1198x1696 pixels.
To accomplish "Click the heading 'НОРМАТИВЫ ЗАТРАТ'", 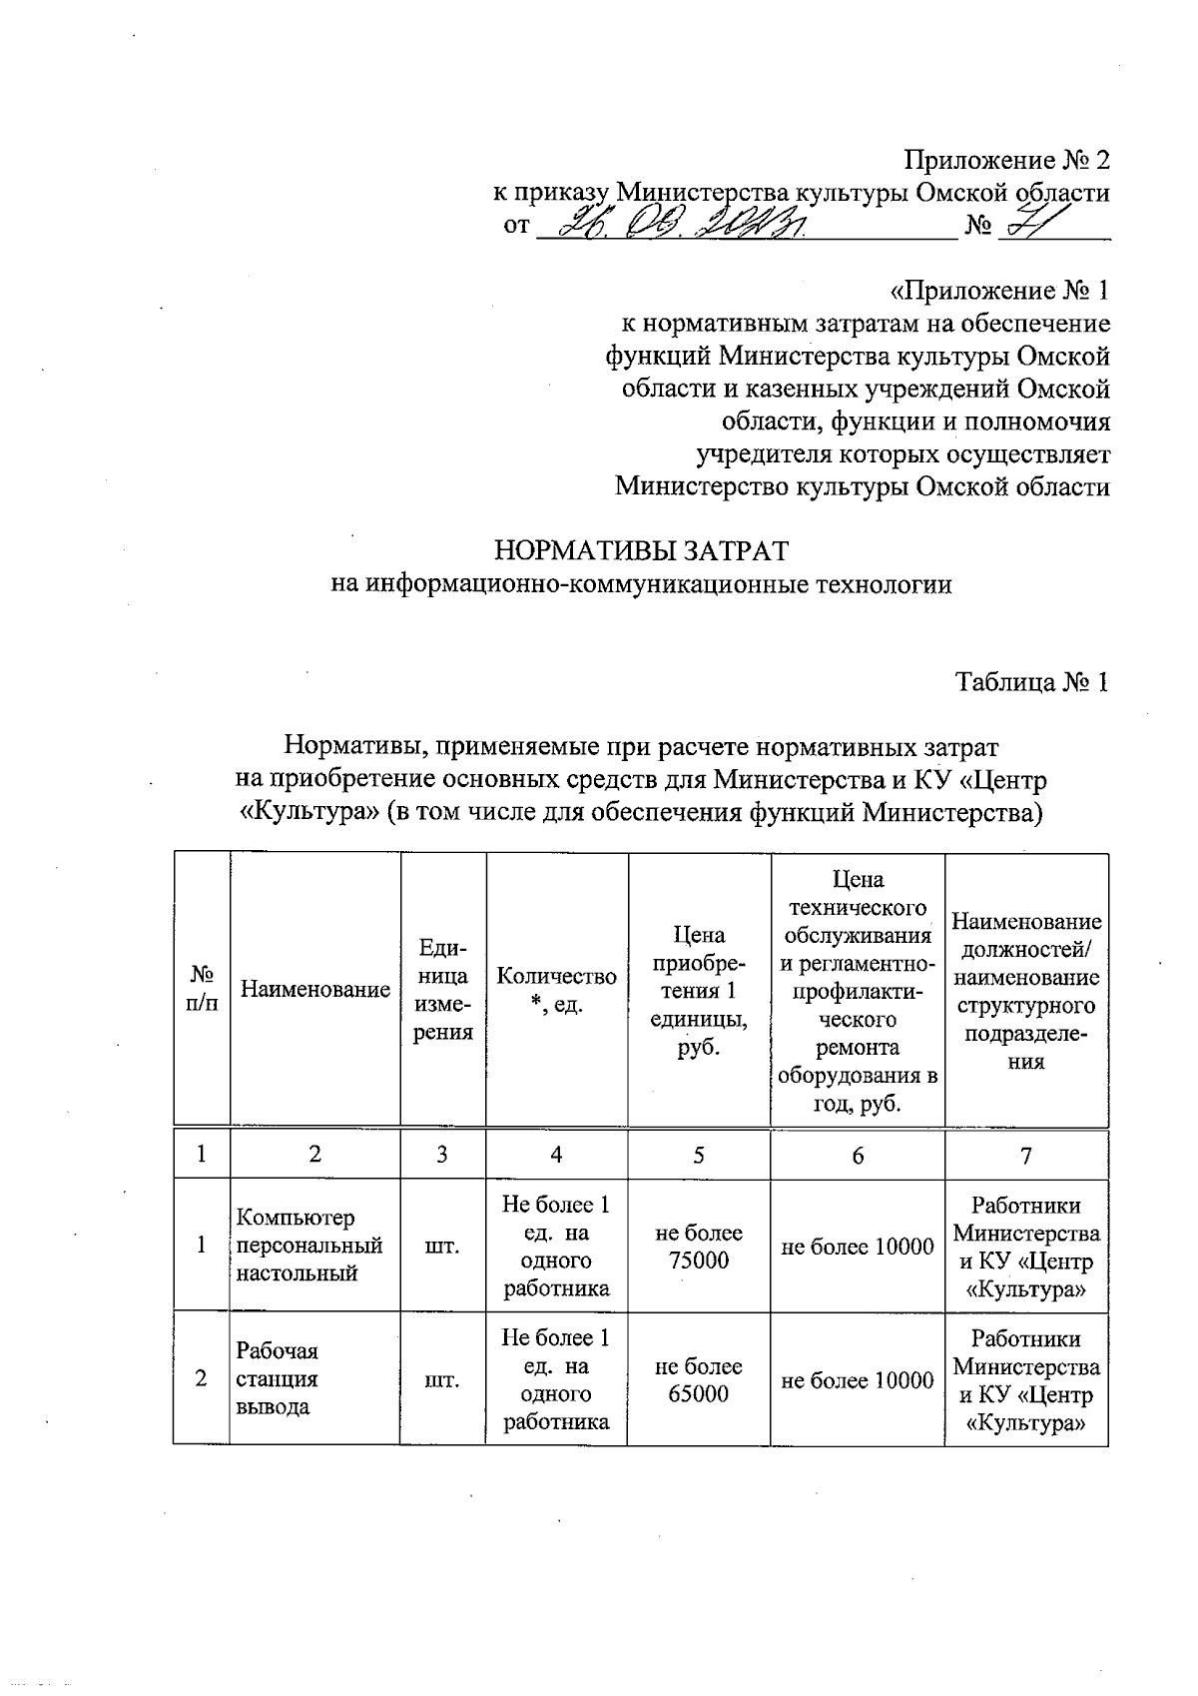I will tap(642, 551).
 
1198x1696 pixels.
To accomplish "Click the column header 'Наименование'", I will tap(315, 990).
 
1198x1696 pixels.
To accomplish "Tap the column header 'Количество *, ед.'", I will tap(556, 990).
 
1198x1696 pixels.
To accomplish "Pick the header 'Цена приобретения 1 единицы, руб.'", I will tap(699, 990).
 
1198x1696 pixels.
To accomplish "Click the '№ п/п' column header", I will tap(202, 990).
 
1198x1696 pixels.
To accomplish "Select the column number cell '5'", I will tap(699, 1154).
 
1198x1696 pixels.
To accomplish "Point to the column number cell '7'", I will tap(1025, 1155).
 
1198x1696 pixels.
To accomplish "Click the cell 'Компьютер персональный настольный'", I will tap(309, 1246).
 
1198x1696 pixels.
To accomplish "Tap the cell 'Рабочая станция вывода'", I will tap(278, 1378).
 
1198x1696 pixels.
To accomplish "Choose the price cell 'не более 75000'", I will tap(699, 1247).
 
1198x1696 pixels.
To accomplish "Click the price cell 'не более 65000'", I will tap(699, 1379).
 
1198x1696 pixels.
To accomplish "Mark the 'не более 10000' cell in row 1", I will tap(858, 1247).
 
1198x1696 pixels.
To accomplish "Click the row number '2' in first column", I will tap(202, 1378).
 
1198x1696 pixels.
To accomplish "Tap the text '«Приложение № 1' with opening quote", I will tap(998, 291).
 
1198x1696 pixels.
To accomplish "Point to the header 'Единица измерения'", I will tap(443, 990).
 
